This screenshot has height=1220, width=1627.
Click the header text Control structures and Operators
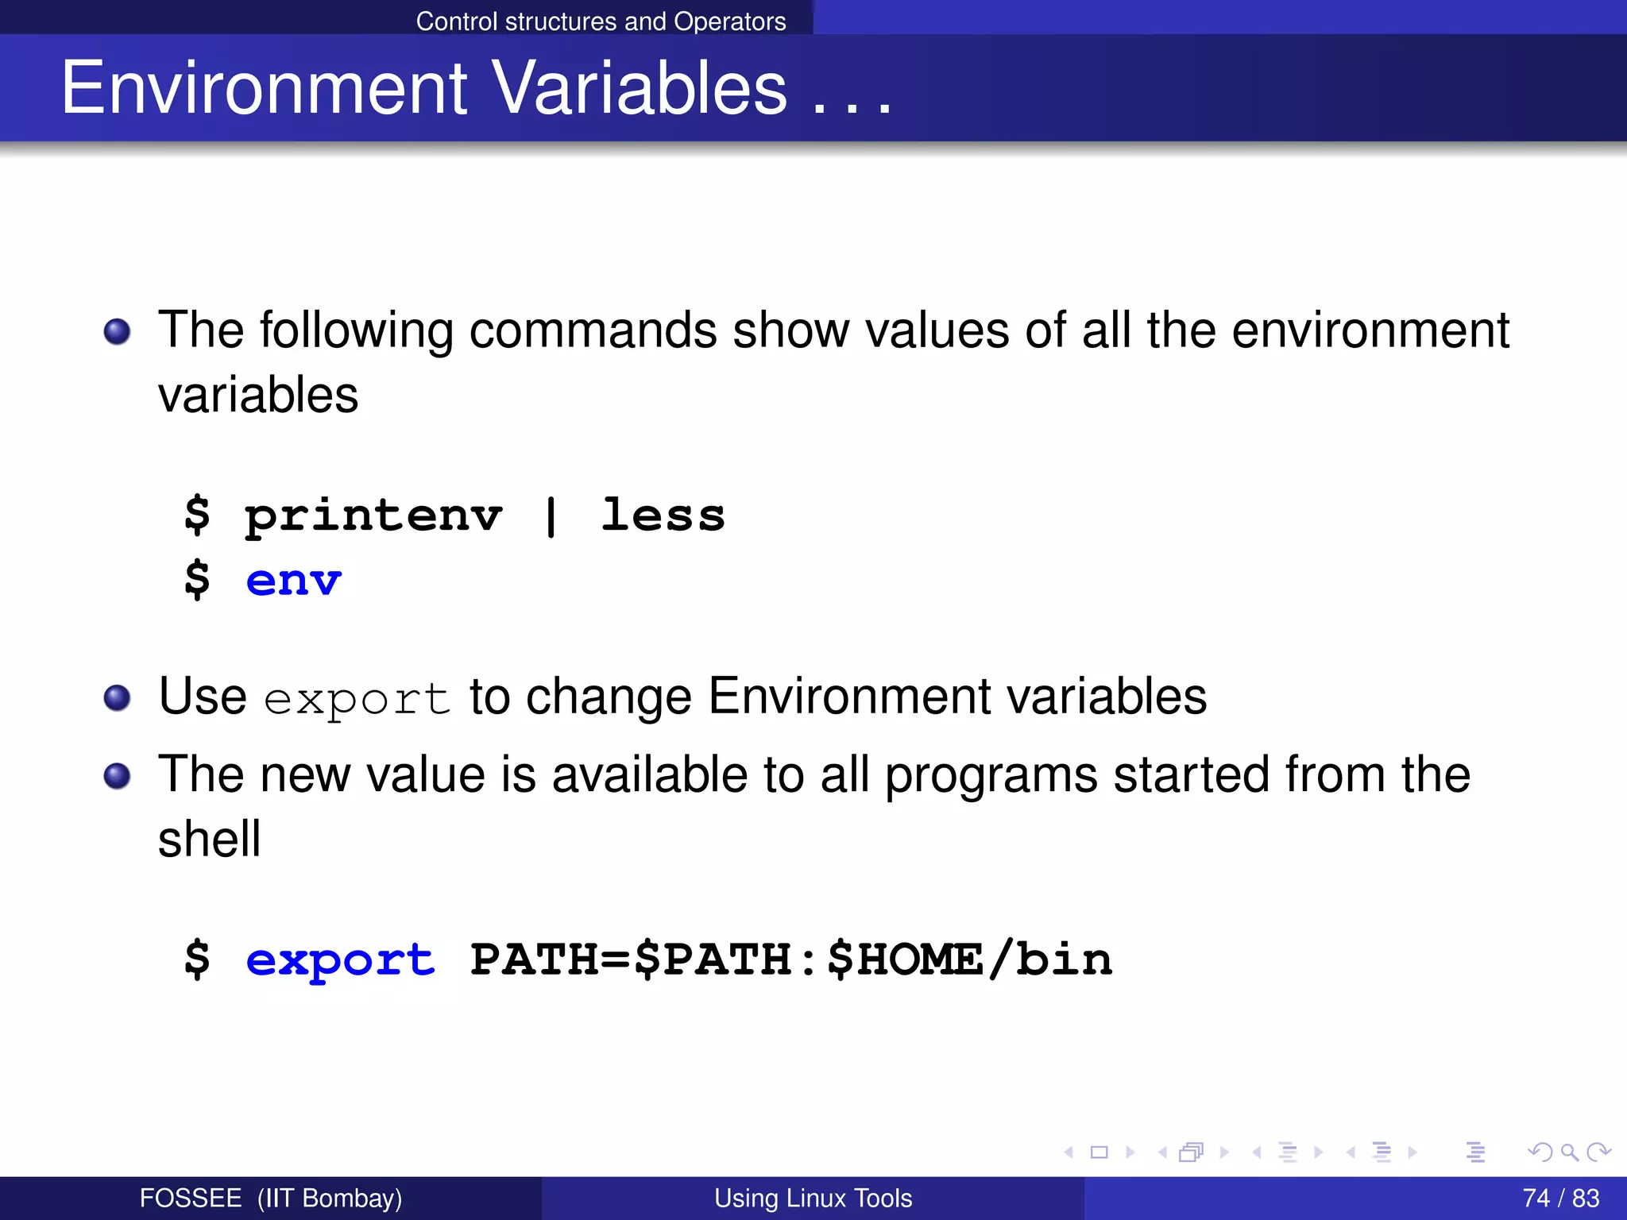pyautogui.click(x=601, y=21)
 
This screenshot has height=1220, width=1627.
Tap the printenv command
pyautogui.click(x=373, y=517)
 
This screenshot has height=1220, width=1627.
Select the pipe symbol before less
pyautogui.click(x=551, y=517)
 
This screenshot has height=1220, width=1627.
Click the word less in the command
pyautogui.click(x=663, y=515)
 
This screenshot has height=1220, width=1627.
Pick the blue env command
pyautogui.click(x=293, y=581)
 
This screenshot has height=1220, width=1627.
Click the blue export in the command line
pyautogui.click(x=340, y=960)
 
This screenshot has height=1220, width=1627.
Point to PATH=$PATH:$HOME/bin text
pyautogui.click(x=790, y=959)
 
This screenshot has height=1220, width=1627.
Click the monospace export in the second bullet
pyautogui.click(x=357, y=700)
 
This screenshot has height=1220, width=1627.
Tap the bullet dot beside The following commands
pyautogui.click(x=118, y=331)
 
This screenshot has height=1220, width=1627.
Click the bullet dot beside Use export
pyautogui.click(x=118, y=697)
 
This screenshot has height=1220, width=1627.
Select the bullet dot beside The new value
pyautogui.click(x=118, y=776)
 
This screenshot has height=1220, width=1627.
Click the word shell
pyautogui.click(x=209, y=840)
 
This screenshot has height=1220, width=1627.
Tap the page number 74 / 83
pyautogui.click(x=1560, y=1198)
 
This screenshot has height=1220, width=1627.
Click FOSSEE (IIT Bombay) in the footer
pyautogui.click(x=270, y=1198)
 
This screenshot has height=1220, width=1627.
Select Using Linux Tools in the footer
pyautogui.click(x=813, y=1198)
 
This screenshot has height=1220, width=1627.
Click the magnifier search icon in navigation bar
pyautogui.click(x=1569, y=1152)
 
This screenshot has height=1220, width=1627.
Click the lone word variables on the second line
pyautogui.click(x=258, y=395)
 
